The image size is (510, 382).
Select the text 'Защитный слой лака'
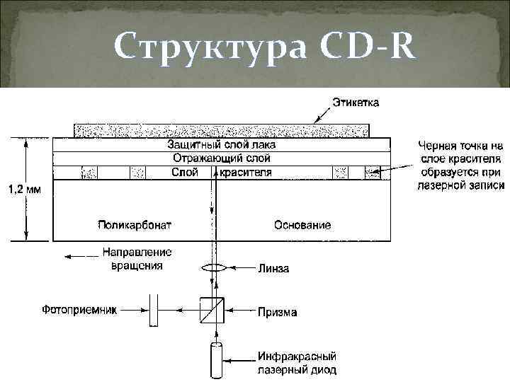(221, 145)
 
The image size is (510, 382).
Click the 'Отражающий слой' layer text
(221, 158)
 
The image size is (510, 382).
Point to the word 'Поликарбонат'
(135, 226)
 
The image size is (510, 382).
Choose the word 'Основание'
(302, 226)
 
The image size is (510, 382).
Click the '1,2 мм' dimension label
(23, 190)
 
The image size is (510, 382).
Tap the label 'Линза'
(273, 269)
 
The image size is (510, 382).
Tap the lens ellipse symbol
(212, 268)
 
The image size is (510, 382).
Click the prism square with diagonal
(212, 310)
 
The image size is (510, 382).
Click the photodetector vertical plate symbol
(154, 310)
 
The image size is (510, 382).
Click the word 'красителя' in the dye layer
(245, 173)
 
